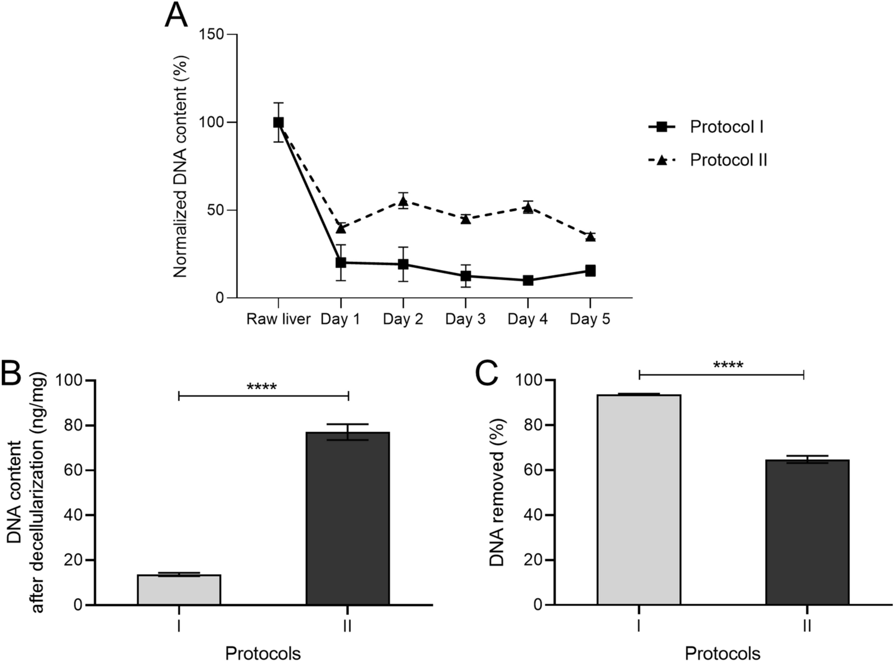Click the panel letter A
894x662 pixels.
click(x=176, y=17)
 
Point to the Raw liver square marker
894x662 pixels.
click(x=279, y=122)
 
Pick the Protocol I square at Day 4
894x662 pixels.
click(x=528, y=280)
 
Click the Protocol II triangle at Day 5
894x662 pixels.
click(x=590, y=237)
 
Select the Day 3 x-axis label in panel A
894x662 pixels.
click(x=465, y=319)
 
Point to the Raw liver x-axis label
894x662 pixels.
click(x=279, y=319)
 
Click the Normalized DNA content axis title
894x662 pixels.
click(x=181, y=166)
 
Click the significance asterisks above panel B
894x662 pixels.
click(x=262, y=387)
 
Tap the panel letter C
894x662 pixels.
click(x=486, y=374)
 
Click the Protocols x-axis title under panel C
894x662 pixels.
click(x=722, y=653)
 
